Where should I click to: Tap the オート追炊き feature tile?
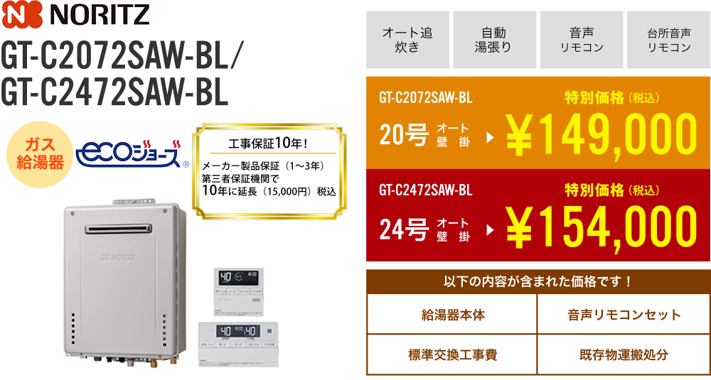click(407, 40)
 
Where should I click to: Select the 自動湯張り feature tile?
click(494, 40)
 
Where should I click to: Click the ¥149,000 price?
click(601, 134)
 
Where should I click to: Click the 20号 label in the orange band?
click(404, 135)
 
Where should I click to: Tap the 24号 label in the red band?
click(404, 229)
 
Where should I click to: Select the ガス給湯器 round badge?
click(41, 154)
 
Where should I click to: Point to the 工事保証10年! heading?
click(269, 144)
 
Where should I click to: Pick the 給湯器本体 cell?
click(452, 315)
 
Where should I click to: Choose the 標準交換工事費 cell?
click(452, 354)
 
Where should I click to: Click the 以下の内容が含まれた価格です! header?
click(538, 281)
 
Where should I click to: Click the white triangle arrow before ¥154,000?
click(490, 231)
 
